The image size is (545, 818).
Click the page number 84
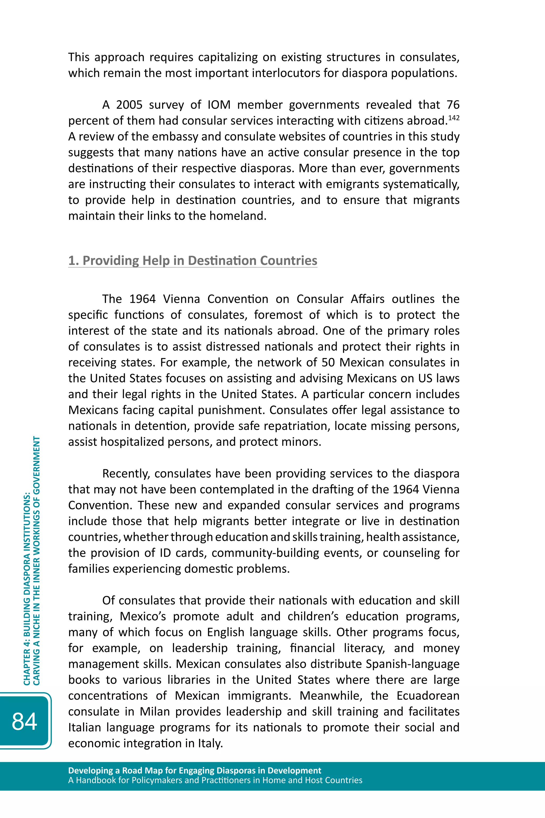coord(24,721)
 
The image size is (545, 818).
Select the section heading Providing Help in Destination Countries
coord(193,260)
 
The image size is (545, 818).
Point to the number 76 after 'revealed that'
coord(453,105)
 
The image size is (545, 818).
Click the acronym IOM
coord(219,105)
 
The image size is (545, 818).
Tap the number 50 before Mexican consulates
coord(328,362)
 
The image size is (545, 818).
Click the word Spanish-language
coord(412,664)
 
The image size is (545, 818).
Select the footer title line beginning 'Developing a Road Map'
coord(195,770)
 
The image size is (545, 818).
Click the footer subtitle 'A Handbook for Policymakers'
coord(215,780)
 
